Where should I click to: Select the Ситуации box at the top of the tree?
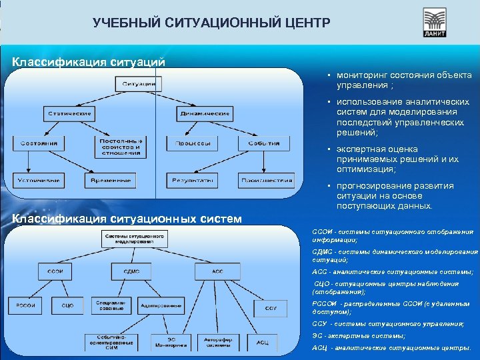coord(139,84)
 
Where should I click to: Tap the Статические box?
coord(69,114)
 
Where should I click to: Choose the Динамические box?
coord(205,114)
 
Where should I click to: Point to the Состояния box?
coord(39,143)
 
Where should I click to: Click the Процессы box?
coord(193,143)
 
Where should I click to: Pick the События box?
coord(265,143)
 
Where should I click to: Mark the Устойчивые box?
coord(39,180)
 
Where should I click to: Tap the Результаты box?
coord(193,180)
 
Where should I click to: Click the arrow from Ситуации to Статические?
coord(100,98)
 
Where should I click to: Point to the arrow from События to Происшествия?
coord(266,162)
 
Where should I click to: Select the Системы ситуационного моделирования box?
coord(135,240)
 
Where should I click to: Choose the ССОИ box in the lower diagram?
coord(55,271)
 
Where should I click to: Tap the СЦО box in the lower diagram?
coord(67,305)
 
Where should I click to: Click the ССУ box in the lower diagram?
coord(270,309)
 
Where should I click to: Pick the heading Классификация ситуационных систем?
coord(127,219)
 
